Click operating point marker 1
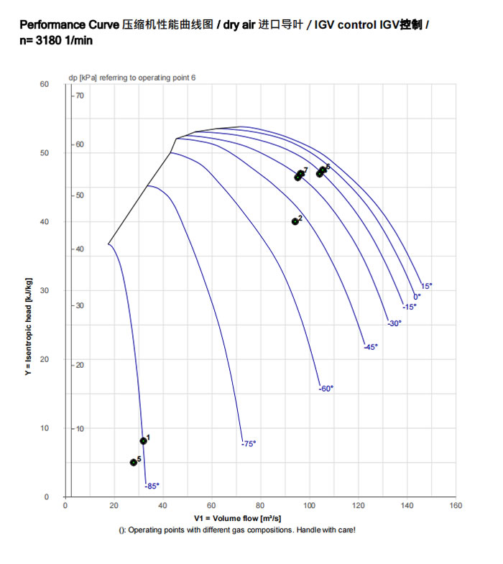click(143, 440)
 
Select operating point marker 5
click(134, 462)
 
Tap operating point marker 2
click(295, 221)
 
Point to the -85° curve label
click(152, 486)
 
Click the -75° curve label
click(249, 443)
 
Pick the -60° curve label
click(326, 389)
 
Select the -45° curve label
click(371, 347)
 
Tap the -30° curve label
click(394, 323)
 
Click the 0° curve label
click(417, 296)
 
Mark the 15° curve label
click(426, 286)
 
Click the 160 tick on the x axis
click(456, 505)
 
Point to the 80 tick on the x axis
click(260, 505)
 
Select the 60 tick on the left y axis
click(45, 84)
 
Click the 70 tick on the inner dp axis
click(80, 96)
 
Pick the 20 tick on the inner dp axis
click(80, 365)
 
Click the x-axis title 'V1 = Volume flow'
click(237, 518)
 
